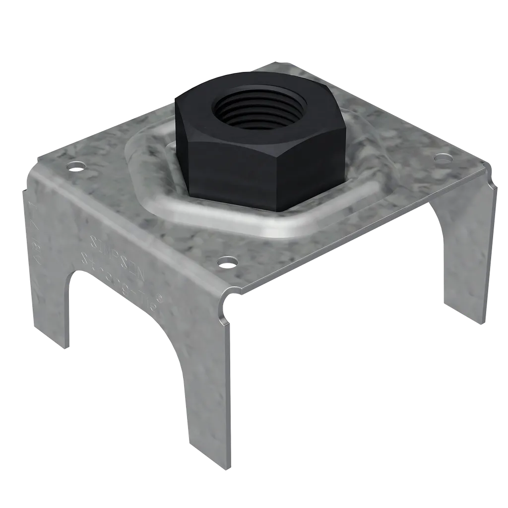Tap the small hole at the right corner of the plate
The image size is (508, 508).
[441, 158]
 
